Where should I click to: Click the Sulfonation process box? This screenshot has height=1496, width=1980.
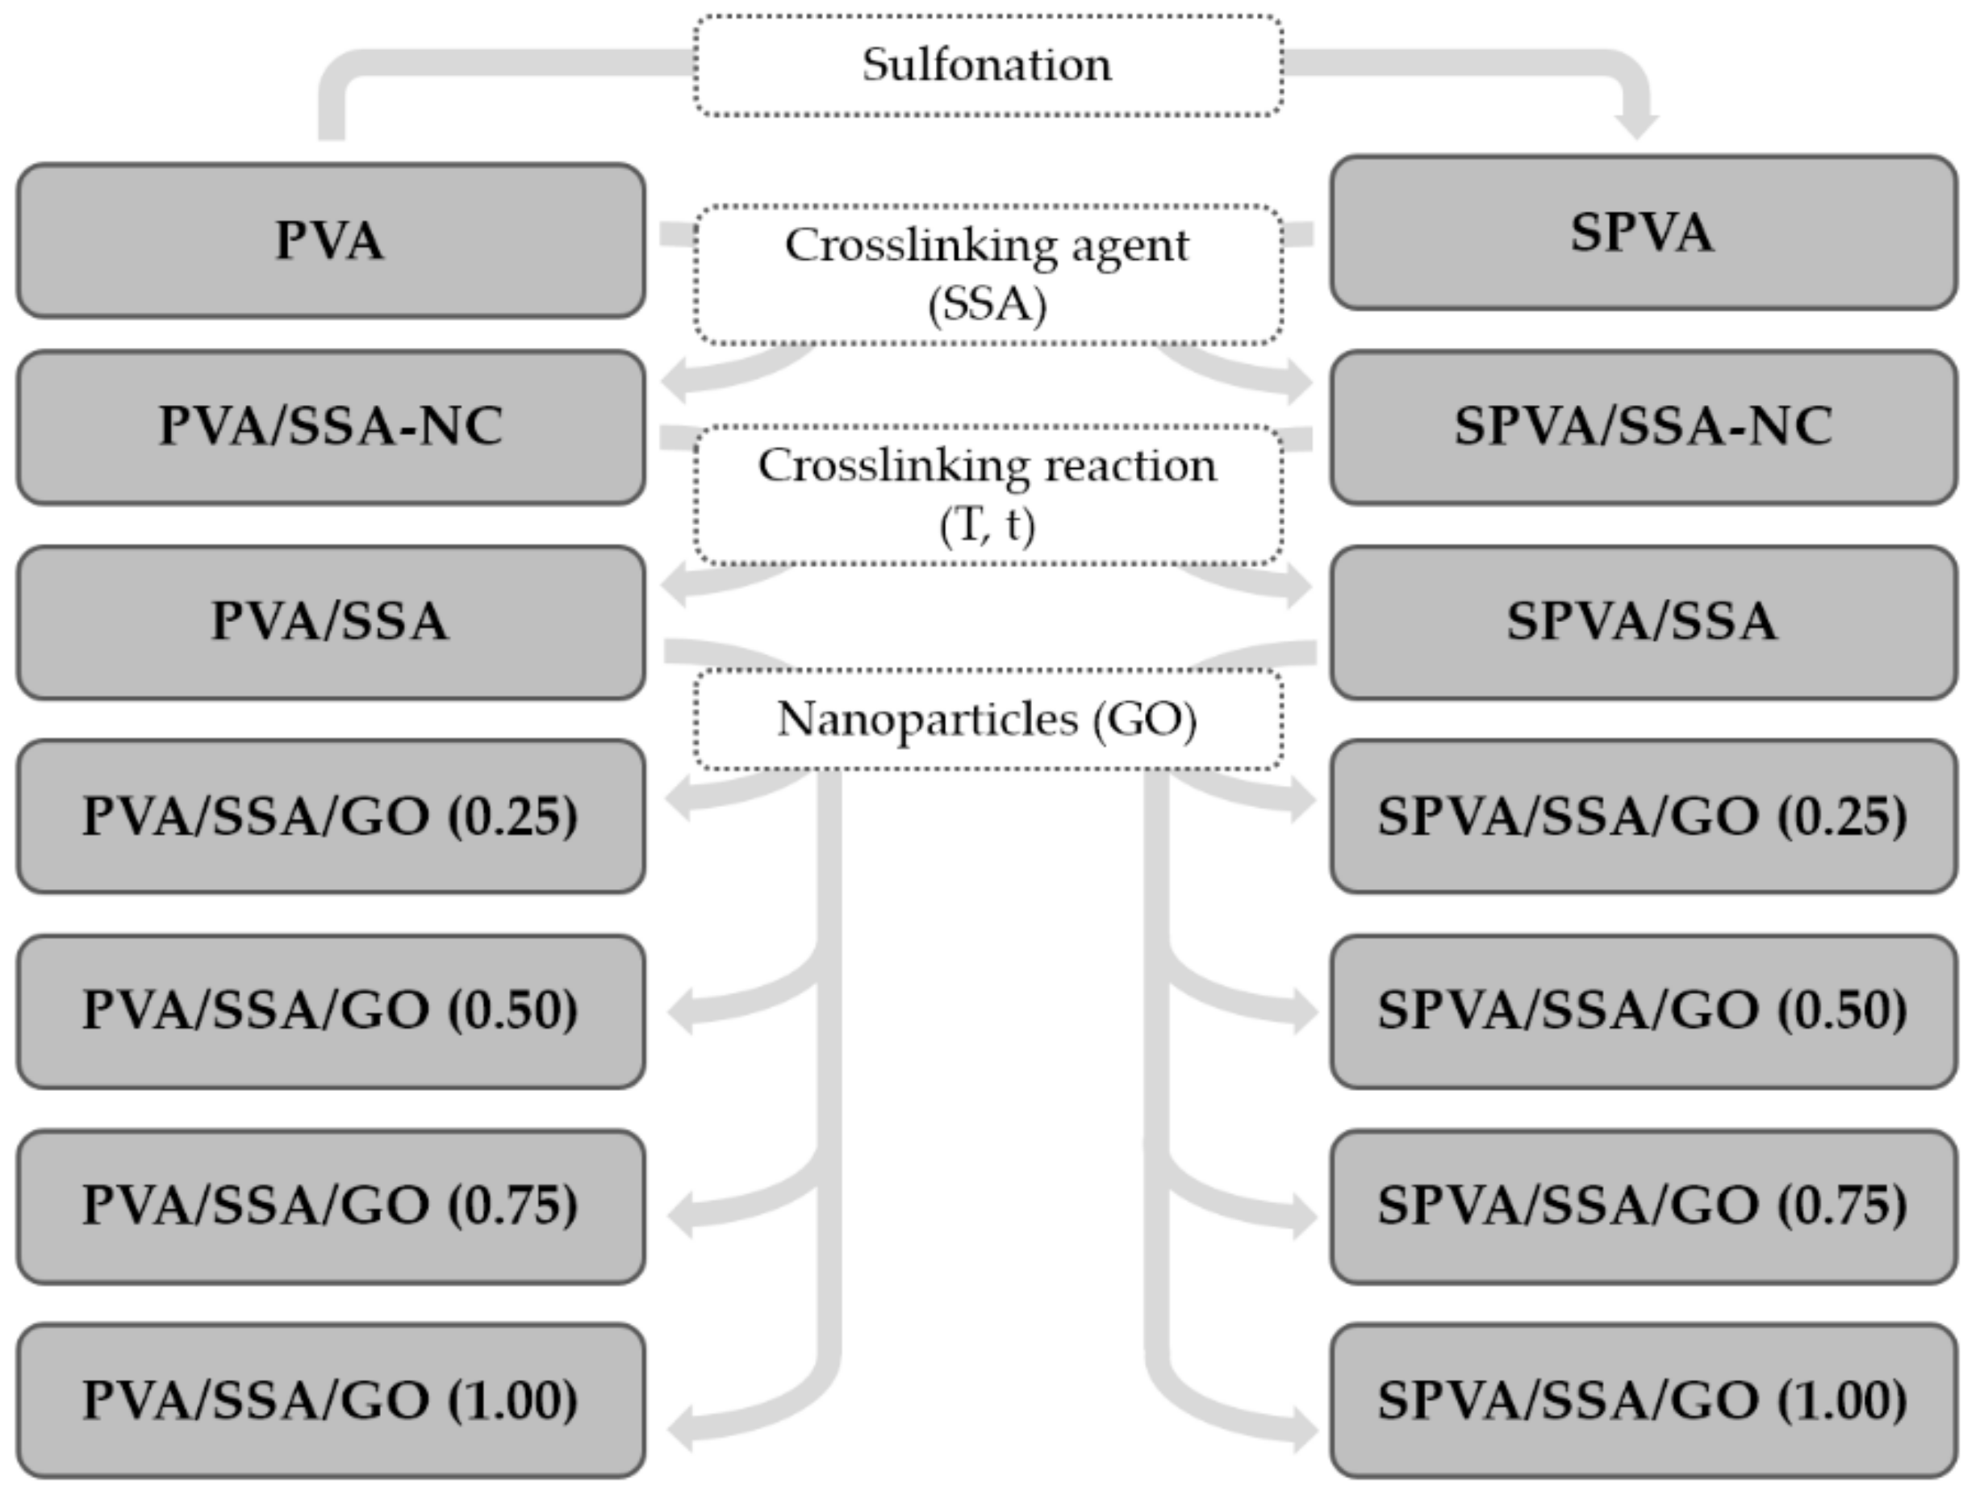coord(988,65)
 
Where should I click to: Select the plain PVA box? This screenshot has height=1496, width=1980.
coord(330,240)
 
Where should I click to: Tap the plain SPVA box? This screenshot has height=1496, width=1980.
coord(1643,232)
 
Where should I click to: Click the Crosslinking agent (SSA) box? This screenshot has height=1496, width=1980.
coord(988,274)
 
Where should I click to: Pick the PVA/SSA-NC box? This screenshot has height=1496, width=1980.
coord(330,427)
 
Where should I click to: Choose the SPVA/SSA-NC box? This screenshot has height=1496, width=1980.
coord(1643,427)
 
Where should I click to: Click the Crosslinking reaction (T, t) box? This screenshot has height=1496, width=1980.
coord(988,494)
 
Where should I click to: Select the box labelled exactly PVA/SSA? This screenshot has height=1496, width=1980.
coord(330,622)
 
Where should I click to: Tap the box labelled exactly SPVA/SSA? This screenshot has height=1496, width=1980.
coord(1643,622)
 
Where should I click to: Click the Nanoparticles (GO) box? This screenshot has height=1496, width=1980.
coord(988,719)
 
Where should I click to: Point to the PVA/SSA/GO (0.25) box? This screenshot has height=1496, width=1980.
coord(330,816)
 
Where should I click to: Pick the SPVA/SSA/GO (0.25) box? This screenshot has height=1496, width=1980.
coord(1643,816)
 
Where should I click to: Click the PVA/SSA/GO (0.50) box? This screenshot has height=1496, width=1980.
coord(330,1012)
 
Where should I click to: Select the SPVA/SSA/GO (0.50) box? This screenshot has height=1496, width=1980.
coord(1643,1012)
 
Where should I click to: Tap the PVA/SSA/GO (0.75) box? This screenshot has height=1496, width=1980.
coord(330,1206)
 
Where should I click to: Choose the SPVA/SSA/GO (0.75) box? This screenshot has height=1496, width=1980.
coord(1643,1206)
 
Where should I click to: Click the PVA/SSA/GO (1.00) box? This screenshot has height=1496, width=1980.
coord(330,1400)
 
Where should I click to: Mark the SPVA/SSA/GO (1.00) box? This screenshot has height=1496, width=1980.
coord(1643,1400)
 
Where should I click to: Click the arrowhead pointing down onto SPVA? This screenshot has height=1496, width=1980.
coord(1637,126)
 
